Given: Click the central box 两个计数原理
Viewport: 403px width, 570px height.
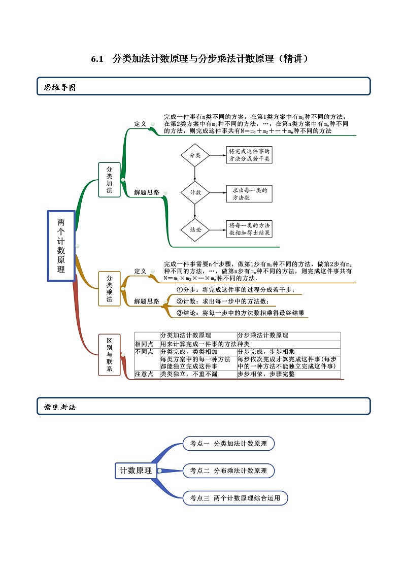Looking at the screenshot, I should point(61,246).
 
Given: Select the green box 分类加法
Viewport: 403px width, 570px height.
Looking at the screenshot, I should point(109,180).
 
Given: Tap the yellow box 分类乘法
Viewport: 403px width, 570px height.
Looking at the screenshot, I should point(109,289).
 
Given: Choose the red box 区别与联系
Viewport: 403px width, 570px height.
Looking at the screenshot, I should point(109,354).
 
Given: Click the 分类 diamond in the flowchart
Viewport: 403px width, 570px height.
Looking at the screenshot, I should point(195,155).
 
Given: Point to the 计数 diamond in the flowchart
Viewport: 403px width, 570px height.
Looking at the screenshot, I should point(195,192).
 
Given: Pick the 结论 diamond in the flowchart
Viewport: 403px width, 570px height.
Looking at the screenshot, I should point(195,229).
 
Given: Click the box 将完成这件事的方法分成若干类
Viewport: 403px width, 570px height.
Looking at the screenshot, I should point(249,155).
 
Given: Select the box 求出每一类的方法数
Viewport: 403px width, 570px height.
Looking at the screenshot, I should point(249,193).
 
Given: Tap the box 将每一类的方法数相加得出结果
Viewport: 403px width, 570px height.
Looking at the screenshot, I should point(249,229).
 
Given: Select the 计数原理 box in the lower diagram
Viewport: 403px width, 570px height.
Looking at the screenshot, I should point(136,471).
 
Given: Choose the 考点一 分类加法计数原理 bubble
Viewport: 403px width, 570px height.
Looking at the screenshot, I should point(228,443).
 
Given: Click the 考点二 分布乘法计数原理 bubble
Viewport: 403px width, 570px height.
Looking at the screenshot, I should point(228,471).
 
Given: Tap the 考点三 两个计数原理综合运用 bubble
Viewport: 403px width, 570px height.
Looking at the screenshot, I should point(235,498).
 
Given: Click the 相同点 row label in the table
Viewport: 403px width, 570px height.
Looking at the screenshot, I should point(144,344).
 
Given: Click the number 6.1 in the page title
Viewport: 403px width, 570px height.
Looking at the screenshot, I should point(97,59).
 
